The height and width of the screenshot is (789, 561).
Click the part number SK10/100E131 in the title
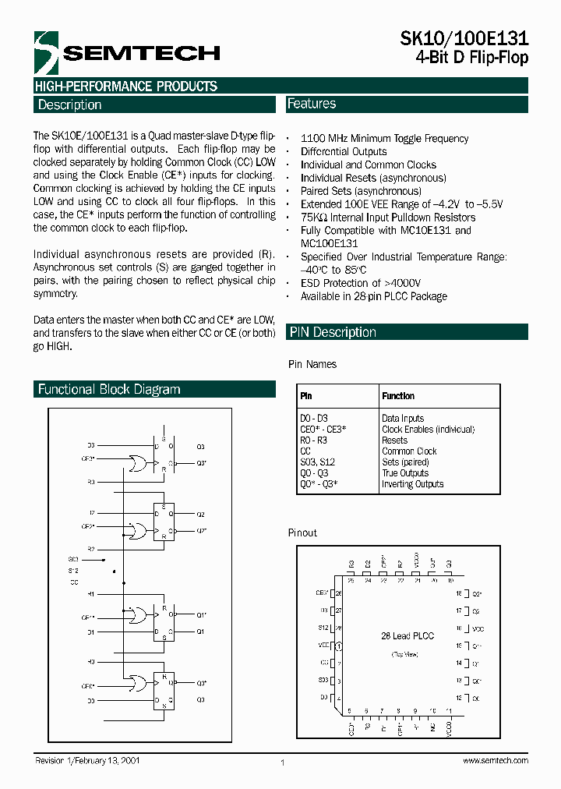pos(464,40)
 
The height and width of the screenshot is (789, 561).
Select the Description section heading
pos(69,105)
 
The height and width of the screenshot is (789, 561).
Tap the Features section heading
pos(312,104)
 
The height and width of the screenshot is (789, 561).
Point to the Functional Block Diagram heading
pos(109,389)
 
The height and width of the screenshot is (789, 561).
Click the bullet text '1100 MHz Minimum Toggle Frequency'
pos(384,139)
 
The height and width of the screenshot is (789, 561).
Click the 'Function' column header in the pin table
pos(398,396)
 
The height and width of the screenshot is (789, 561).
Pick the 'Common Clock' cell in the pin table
pos(409,451)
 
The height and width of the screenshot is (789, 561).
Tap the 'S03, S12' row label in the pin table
pos(316,462)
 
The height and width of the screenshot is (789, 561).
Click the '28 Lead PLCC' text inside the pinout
pos(407,636)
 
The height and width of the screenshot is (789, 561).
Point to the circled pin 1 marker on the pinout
pos(338,646)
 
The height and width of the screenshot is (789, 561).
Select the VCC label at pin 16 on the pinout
pos(478,628)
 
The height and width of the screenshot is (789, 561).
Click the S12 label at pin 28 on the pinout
pos(323,628)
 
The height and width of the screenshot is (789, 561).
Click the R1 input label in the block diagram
pos(91,594)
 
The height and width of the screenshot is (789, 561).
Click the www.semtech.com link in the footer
pos(495,761)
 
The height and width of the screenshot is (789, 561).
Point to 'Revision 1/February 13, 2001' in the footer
pos(87,760)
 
